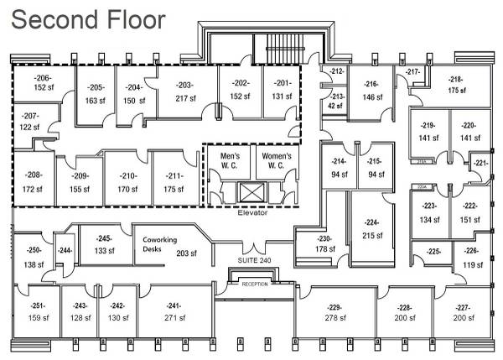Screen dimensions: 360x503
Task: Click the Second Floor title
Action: [x=88, y=20]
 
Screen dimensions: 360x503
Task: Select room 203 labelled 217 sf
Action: [x=185, y=91]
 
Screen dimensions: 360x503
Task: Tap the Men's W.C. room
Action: [x=230, y=161]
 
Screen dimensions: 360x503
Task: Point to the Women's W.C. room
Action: [x=277, y=161]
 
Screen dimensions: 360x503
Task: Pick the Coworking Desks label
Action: [x=159, y=244]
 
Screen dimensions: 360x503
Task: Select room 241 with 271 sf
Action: [x=174, y=312]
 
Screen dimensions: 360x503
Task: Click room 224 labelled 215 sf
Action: [x=371, y=229]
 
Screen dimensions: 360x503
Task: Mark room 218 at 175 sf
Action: [x=456, y=84]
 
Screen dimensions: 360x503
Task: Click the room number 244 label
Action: [x=65, y=251]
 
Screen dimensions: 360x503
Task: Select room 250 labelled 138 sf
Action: [x=34, y=257]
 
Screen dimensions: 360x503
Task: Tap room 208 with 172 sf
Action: [x=34, y=180]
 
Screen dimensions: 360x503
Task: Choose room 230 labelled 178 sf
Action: [x=325, y=243]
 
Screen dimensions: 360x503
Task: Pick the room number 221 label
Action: [x=480, y=163]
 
